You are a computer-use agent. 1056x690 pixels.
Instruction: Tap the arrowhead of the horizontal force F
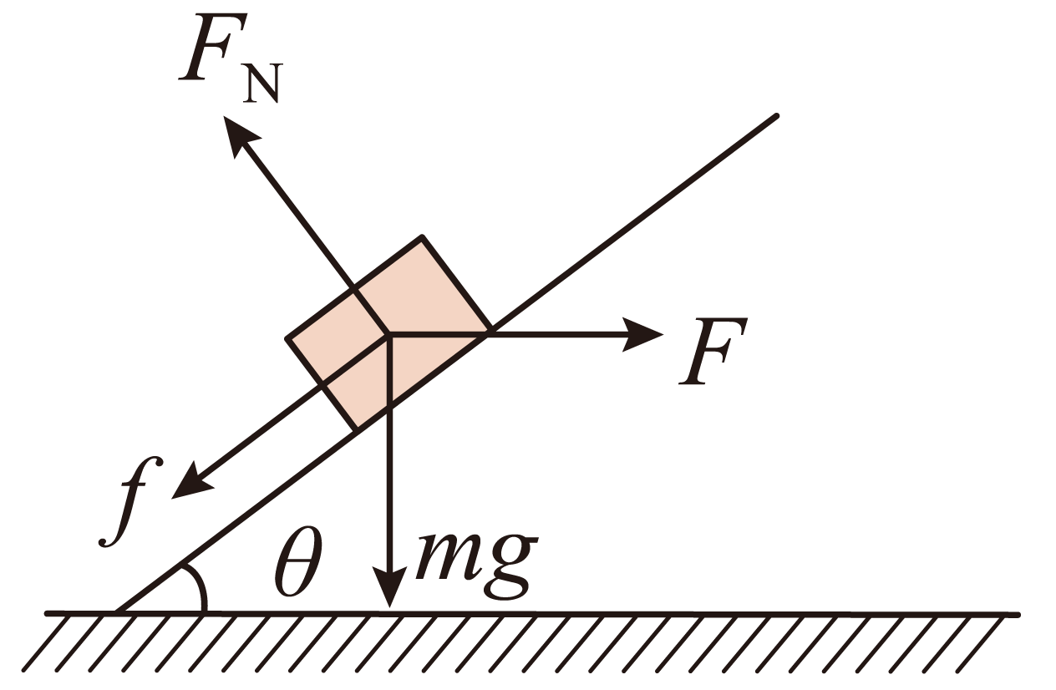click(643, 335)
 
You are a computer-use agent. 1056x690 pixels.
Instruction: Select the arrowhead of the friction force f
click(190, 482)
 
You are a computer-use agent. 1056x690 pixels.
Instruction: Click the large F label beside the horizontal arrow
click(713, 351)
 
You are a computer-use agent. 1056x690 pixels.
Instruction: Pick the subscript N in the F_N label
click(262, 83)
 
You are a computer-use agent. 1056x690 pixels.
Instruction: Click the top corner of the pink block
click(422, 236)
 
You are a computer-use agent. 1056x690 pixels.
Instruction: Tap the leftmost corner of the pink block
click(287, 338)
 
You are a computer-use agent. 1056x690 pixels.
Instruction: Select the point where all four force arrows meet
click(389, 335)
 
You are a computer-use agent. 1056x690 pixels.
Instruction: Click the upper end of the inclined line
click(776, 116)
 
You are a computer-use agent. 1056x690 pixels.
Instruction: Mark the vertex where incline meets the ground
click(117, 613)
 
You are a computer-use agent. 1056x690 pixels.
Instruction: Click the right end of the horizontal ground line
click(1018, 615)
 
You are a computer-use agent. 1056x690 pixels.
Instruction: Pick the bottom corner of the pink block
click(356, 430)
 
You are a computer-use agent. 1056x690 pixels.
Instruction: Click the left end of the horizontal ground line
click(47, 613)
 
